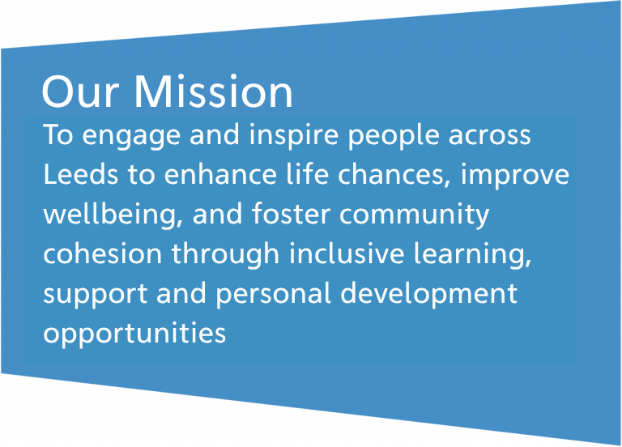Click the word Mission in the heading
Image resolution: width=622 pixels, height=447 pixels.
(x=214, y=92)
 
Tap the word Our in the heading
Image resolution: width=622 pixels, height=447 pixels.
(x=80, y=92)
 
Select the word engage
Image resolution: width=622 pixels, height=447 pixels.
(x=131, y=137)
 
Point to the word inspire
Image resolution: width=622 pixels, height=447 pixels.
(x=293, y=136)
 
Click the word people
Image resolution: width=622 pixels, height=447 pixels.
(x=394, y=136)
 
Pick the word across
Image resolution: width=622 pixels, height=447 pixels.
(x=489, y=137)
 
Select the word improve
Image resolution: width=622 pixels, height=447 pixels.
(x=515, y=175)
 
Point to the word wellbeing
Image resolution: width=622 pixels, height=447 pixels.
(x=113, y=215)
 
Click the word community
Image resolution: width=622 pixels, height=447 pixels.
(x=414, y=215)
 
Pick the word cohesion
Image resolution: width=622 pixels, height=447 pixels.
(x=102, y=253)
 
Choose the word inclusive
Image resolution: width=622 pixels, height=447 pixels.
(x=347, y=253)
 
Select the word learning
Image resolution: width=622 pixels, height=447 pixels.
(x=472, y=254)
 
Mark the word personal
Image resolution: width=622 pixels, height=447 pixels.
(x=273, y=294)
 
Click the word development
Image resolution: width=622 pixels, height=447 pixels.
(x=428, y=294)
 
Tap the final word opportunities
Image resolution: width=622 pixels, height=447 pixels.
(x=134, y=334)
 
